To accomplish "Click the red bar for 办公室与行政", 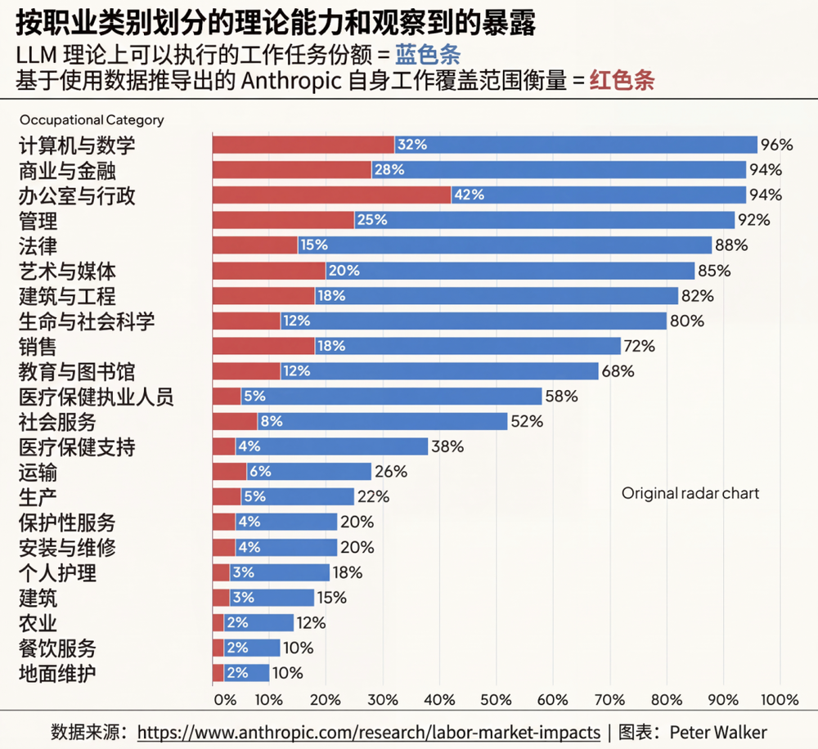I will (x=331, y=195).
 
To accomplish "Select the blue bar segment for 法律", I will (x=506, y=245).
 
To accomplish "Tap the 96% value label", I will (x=777, y=145).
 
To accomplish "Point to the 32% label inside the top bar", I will (x=412, y=145).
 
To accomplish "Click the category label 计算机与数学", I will (x=77, y=146).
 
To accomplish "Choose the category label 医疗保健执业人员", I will (x=97, y=397).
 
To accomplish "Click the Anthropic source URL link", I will (x=368, y=732).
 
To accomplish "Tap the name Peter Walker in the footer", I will (x=719, y=732).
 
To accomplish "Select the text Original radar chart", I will (x=690, y=493).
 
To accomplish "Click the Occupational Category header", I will (x=92, y=120).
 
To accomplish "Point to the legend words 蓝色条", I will (x=427, y=56).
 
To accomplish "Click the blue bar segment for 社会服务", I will (x=383, y=421).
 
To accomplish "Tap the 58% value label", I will (x=562, y=397).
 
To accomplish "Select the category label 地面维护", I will (x=57, y=674).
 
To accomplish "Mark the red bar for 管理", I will (x=283, y=220).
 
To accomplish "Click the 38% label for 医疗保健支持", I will (x=447, y=446).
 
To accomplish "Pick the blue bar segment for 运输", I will (x=308, y=472).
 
